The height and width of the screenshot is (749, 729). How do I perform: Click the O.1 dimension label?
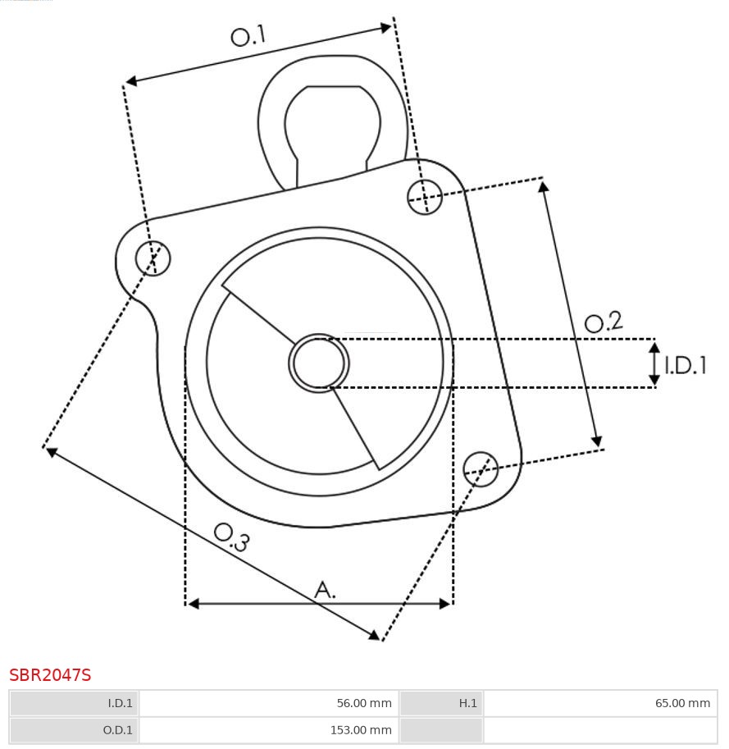tap(248, 36)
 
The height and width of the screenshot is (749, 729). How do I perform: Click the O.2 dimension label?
tap(604, 322)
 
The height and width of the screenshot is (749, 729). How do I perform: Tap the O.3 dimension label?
tap(231, 537)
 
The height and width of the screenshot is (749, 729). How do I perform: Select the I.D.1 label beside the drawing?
tap(686, 365)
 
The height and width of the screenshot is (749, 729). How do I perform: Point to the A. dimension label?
tap(326, 589)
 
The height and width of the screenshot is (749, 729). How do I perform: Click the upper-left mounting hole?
tap(153, 258)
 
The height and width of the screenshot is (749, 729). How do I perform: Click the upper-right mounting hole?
tap(425, 197)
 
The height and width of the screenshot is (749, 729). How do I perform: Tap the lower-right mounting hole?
tap(481, 468)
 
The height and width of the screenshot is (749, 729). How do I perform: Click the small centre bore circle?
tap(319, 363)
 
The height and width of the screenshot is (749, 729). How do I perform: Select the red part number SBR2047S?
tap(50, 675)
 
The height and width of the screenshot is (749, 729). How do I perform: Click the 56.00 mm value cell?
tap(269, 703)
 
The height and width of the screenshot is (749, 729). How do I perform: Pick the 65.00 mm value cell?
tap(599, 703)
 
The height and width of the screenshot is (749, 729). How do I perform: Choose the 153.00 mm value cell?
tap(269, 729)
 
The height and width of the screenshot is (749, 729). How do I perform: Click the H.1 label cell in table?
tap(441, 703)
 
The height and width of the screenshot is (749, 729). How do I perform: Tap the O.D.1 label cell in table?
tap(75, 729)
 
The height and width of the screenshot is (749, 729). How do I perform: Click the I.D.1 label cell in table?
tap(75, 703)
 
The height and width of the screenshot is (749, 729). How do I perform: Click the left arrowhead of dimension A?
tap(194, 604)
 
